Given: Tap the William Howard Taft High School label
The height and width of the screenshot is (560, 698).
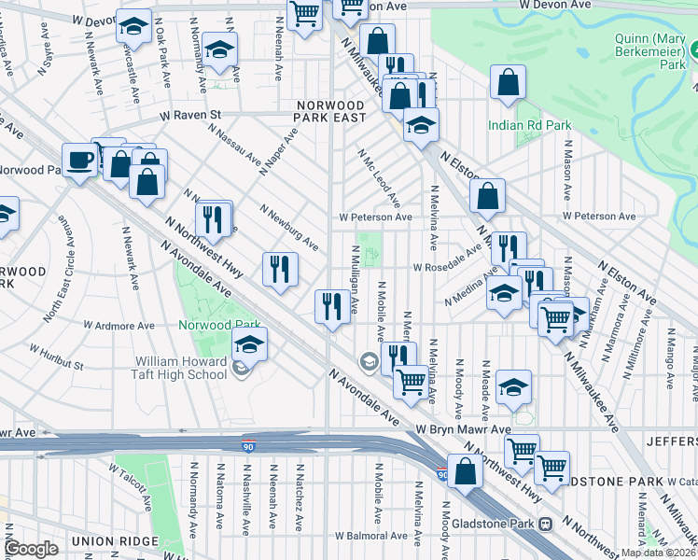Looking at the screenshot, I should pos(181,368).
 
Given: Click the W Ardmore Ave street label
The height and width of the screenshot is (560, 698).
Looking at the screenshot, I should pos(119,326).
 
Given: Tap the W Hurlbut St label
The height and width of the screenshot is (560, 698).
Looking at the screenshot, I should pos(56,357).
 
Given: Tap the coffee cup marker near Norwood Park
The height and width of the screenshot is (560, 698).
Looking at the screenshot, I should pos(79,160).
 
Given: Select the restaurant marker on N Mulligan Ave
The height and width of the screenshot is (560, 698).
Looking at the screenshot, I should pos(332,304).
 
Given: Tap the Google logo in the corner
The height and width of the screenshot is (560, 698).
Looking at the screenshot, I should pos(31,549).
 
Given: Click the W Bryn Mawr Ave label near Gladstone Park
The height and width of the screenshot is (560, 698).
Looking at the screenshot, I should pos(463,429).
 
